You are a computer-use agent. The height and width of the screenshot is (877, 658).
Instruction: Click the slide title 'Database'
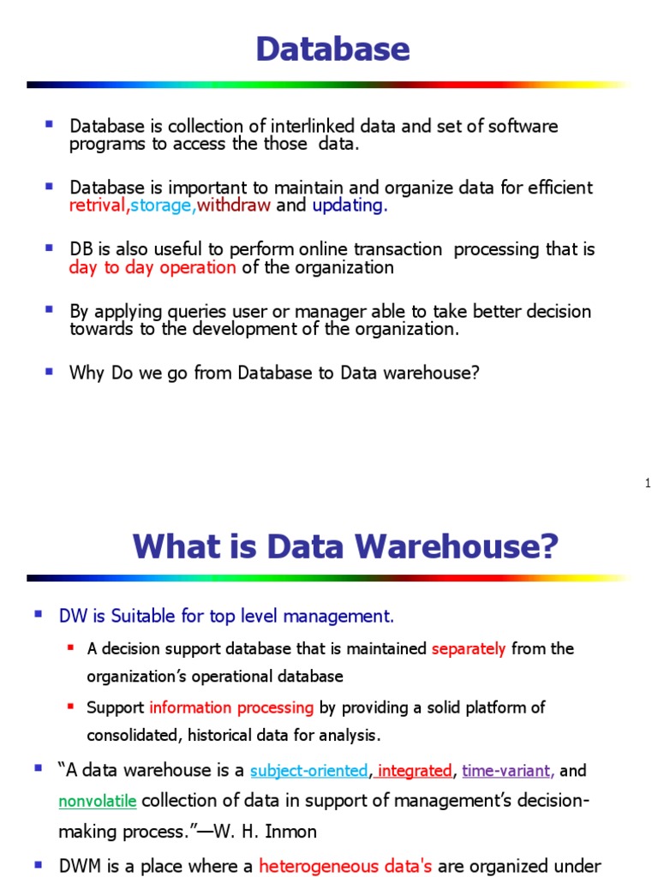coord(332,50)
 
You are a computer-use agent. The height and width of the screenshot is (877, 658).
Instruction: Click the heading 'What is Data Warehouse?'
coord(345,546)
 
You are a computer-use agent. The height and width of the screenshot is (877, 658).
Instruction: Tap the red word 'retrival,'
coord(99,206)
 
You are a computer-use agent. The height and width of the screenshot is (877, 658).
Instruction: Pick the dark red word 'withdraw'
coord(234,206)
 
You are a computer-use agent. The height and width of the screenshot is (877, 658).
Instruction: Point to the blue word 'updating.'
coord(350,206)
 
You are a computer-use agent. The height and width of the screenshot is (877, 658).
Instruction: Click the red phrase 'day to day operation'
coord(153,267)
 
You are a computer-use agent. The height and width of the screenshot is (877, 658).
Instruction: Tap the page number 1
coord(648,485)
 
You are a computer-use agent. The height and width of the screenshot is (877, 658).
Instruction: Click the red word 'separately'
coord(469,649)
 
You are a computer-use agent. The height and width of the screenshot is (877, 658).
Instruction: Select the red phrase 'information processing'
coord(231,707)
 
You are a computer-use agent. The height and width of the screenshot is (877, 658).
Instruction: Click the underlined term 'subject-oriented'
coord(308,771)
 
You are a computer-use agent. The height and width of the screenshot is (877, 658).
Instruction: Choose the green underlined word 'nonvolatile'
coord(98,802)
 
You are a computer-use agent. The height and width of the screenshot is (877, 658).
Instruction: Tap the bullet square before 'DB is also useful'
coord(50,248)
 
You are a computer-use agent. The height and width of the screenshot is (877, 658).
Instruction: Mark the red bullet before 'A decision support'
coord(70,648)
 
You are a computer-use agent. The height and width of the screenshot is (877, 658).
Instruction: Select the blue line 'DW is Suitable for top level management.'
coord(226,616)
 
